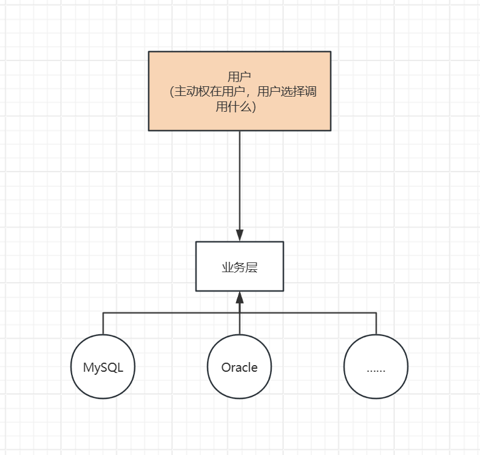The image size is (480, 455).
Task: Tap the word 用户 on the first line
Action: coord(239,77)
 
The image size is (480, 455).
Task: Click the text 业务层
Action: coord(239,267)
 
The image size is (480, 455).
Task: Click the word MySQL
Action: coord(103,367)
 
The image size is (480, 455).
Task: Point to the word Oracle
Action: coord(239,367)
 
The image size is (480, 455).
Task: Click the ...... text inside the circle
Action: coord(376,369)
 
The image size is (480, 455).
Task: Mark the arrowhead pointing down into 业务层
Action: coord(240,236)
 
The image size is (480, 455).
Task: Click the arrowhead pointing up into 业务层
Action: coord(240,297)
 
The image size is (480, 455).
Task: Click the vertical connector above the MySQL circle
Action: coord(103,323)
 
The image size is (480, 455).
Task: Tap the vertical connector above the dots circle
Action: coord(376,323)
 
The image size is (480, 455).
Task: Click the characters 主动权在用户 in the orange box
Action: coord(211,92)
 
